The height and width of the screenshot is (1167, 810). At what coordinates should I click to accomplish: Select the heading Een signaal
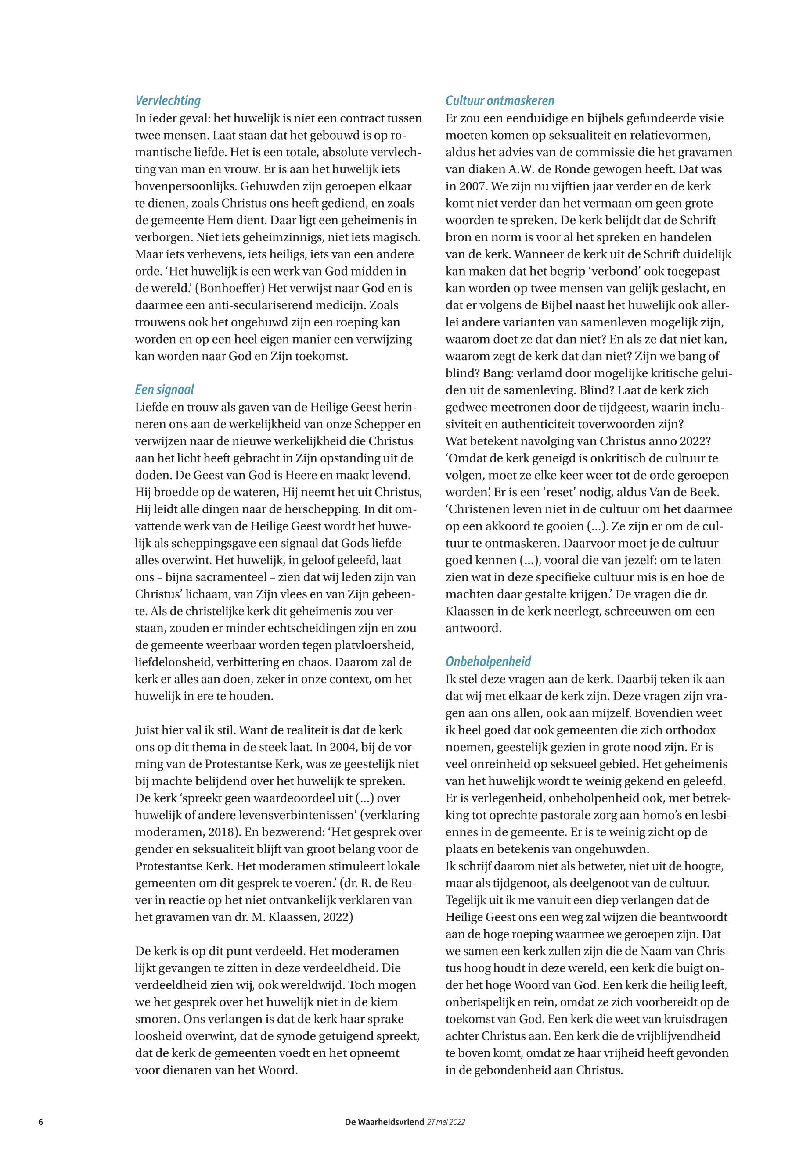point(165,390)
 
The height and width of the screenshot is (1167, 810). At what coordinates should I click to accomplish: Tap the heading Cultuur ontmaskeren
point(500,100)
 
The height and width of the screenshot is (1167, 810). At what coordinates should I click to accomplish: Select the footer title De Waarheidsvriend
point(384,1122)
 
